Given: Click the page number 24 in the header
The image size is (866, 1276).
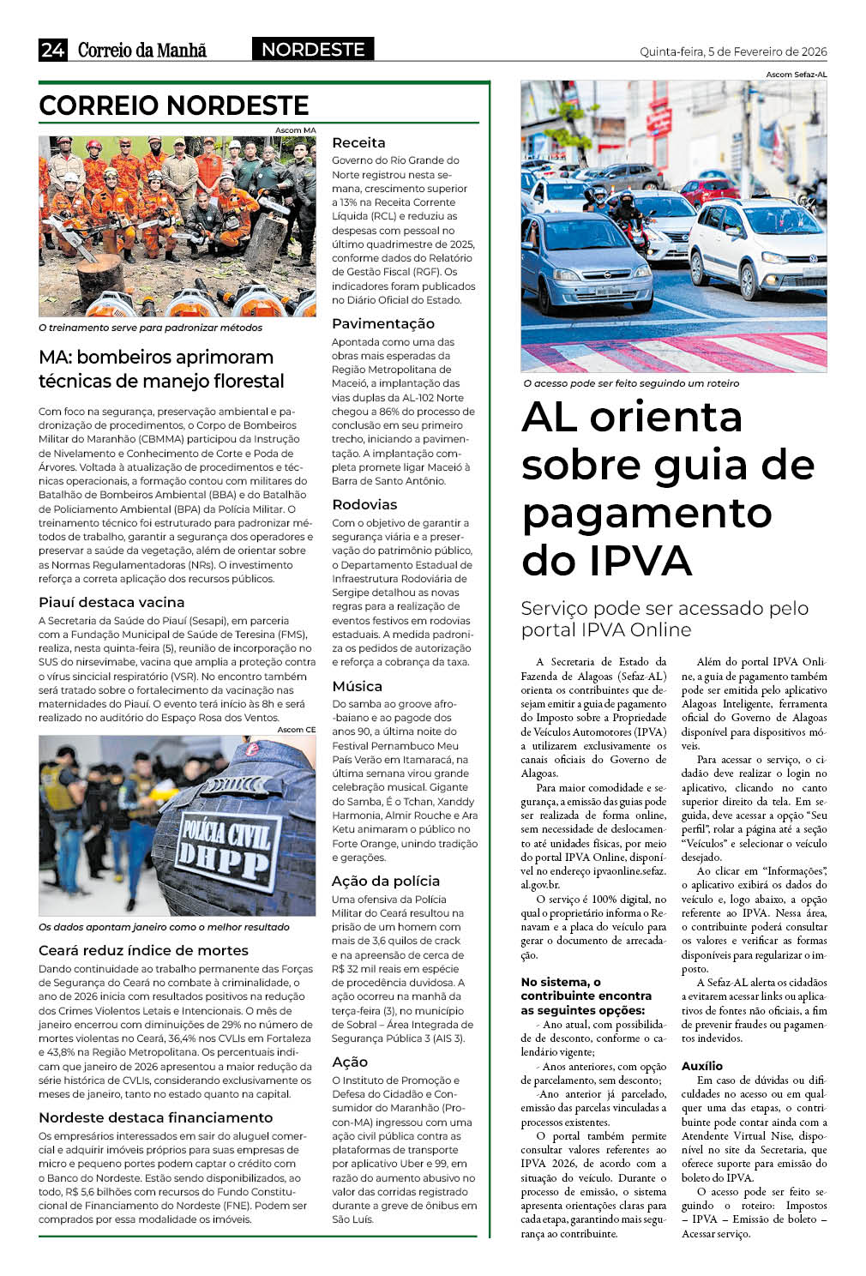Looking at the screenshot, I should point(52,50).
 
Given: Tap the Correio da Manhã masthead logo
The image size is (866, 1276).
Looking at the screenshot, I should point(142,50).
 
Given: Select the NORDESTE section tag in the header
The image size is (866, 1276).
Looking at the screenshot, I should point(313,50).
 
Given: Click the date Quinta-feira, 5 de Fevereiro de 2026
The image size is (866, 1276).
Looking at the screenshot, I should point(733,51).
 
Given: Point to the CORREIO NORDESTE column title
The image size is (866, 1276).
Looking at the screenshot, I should point(174,105).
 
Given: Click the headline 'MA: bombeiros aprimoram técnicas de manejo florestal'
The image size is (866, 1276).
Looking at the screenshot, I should point(161,369).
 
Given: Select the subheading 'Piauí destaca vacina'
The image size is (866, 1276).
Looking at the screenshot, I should point(111,602).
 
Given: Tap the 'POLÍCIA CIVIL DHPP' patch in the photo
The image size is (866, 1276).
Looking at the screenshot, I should point(226,842).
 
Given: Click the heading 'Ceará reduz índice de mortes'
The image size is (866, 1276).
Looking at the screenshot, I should point(143,950).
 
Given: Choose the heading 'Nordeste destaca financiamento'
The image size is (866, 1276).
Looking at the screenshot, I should point(155,1117).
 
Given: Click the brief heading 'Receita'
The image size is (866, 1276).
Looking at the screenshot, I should point(358,142).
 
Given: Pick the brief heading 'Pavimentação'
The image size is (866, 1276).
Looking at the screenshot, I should point(382,323).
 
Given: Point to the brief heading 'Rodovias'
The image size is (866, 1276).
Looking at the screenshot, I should point(364,504).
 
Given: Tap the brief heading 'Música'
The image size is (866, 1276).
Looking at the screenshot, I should point(357,686).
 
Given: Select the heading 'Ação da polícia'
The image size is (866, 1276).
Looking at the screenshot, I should point(385,881).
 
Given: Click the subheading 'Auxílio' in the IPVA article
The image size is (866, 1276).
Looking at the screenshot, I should point(701,1065).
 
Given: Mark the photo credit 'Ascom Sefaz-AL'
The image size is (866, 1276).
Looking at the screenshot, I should point(797,75).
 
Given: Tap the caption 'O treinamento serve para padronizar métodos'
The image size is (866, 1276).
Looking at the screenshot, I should point(150,328).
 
